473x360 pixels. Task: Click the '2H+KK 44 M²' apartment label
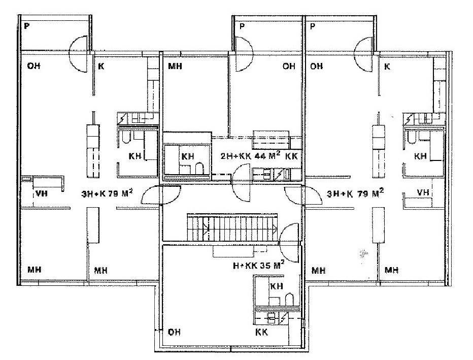(x=250, y=155)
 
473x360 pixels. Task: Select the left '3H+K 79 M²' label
(x=107, y=193)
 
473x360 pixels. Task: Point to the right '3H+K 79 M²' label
(x=355, y=193)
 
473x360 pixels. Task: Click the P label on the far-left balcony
(x=27, y=26)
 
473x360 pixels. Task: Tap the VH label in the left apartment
(x=42, y=193)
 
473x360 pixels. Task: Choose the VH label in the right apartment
(x=423, y=192)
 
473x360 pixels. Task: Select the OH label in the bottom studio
(x=174, y=332)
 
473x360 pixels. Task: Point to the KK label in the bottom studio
(x=261, y=332)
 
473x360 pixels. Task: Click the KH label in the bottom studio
(x=277, y=286)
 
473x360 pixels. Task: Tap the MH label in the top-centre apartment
(x=175, y=66)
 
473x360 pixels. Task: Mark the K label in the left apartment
(x=102, y=66)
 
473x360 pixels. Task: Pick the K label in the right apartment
(x=387, y=66)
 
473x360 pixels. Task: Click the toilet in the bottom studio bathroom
(x=289, y=299)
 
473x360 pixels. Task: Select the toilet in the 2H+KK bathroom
(x=199, y=169)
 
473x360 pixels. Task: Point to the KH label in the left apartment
(x=135, y=156)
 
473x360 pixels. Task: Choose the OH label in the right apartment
(x=317, y=66)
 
